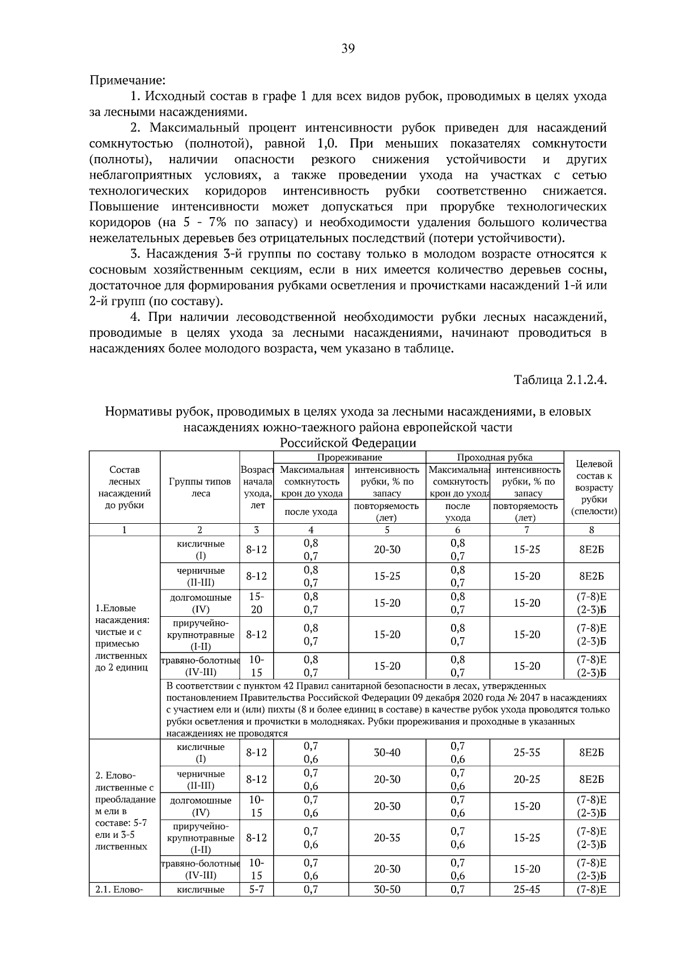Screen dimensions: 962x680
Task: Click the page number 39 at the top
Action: click(x=348, y=49)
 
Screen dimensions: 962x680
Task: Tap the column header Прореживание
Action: click(x=349, y=457)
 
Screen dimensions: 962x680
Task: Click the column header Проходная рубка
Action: click(x=494, y=457)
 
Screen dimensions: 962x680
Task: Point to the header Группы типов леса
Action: click(x=199, y=488)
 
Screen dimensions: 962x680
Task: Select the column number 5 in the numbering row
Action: click(x=386, y=530)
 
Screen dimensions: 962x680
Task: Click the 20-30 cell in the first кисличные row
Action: click(x=386, y=549)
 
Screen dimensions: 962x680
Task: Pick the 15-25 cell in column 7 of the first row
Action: click(x=526, y=549)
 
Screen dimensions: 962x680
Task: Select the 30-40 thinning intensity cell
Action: click(x=386, y=752)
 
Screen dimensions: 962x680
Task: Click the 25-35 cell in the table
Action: click(x=526, y=752)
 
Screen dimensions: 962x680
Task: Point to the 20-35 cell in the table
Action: click(x=386, y=837)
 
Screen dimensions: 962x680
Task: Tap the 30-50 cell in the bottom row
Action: click(x=386, y=889)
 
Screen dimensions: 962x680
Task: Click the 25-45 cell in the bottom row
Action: click(x=526, y=889)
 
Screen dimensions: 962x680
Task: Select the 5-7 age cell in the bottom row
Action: click(x=256, y=889)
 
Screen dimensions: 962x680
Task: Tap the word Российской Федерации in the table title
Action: click(x=348, y=443)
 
